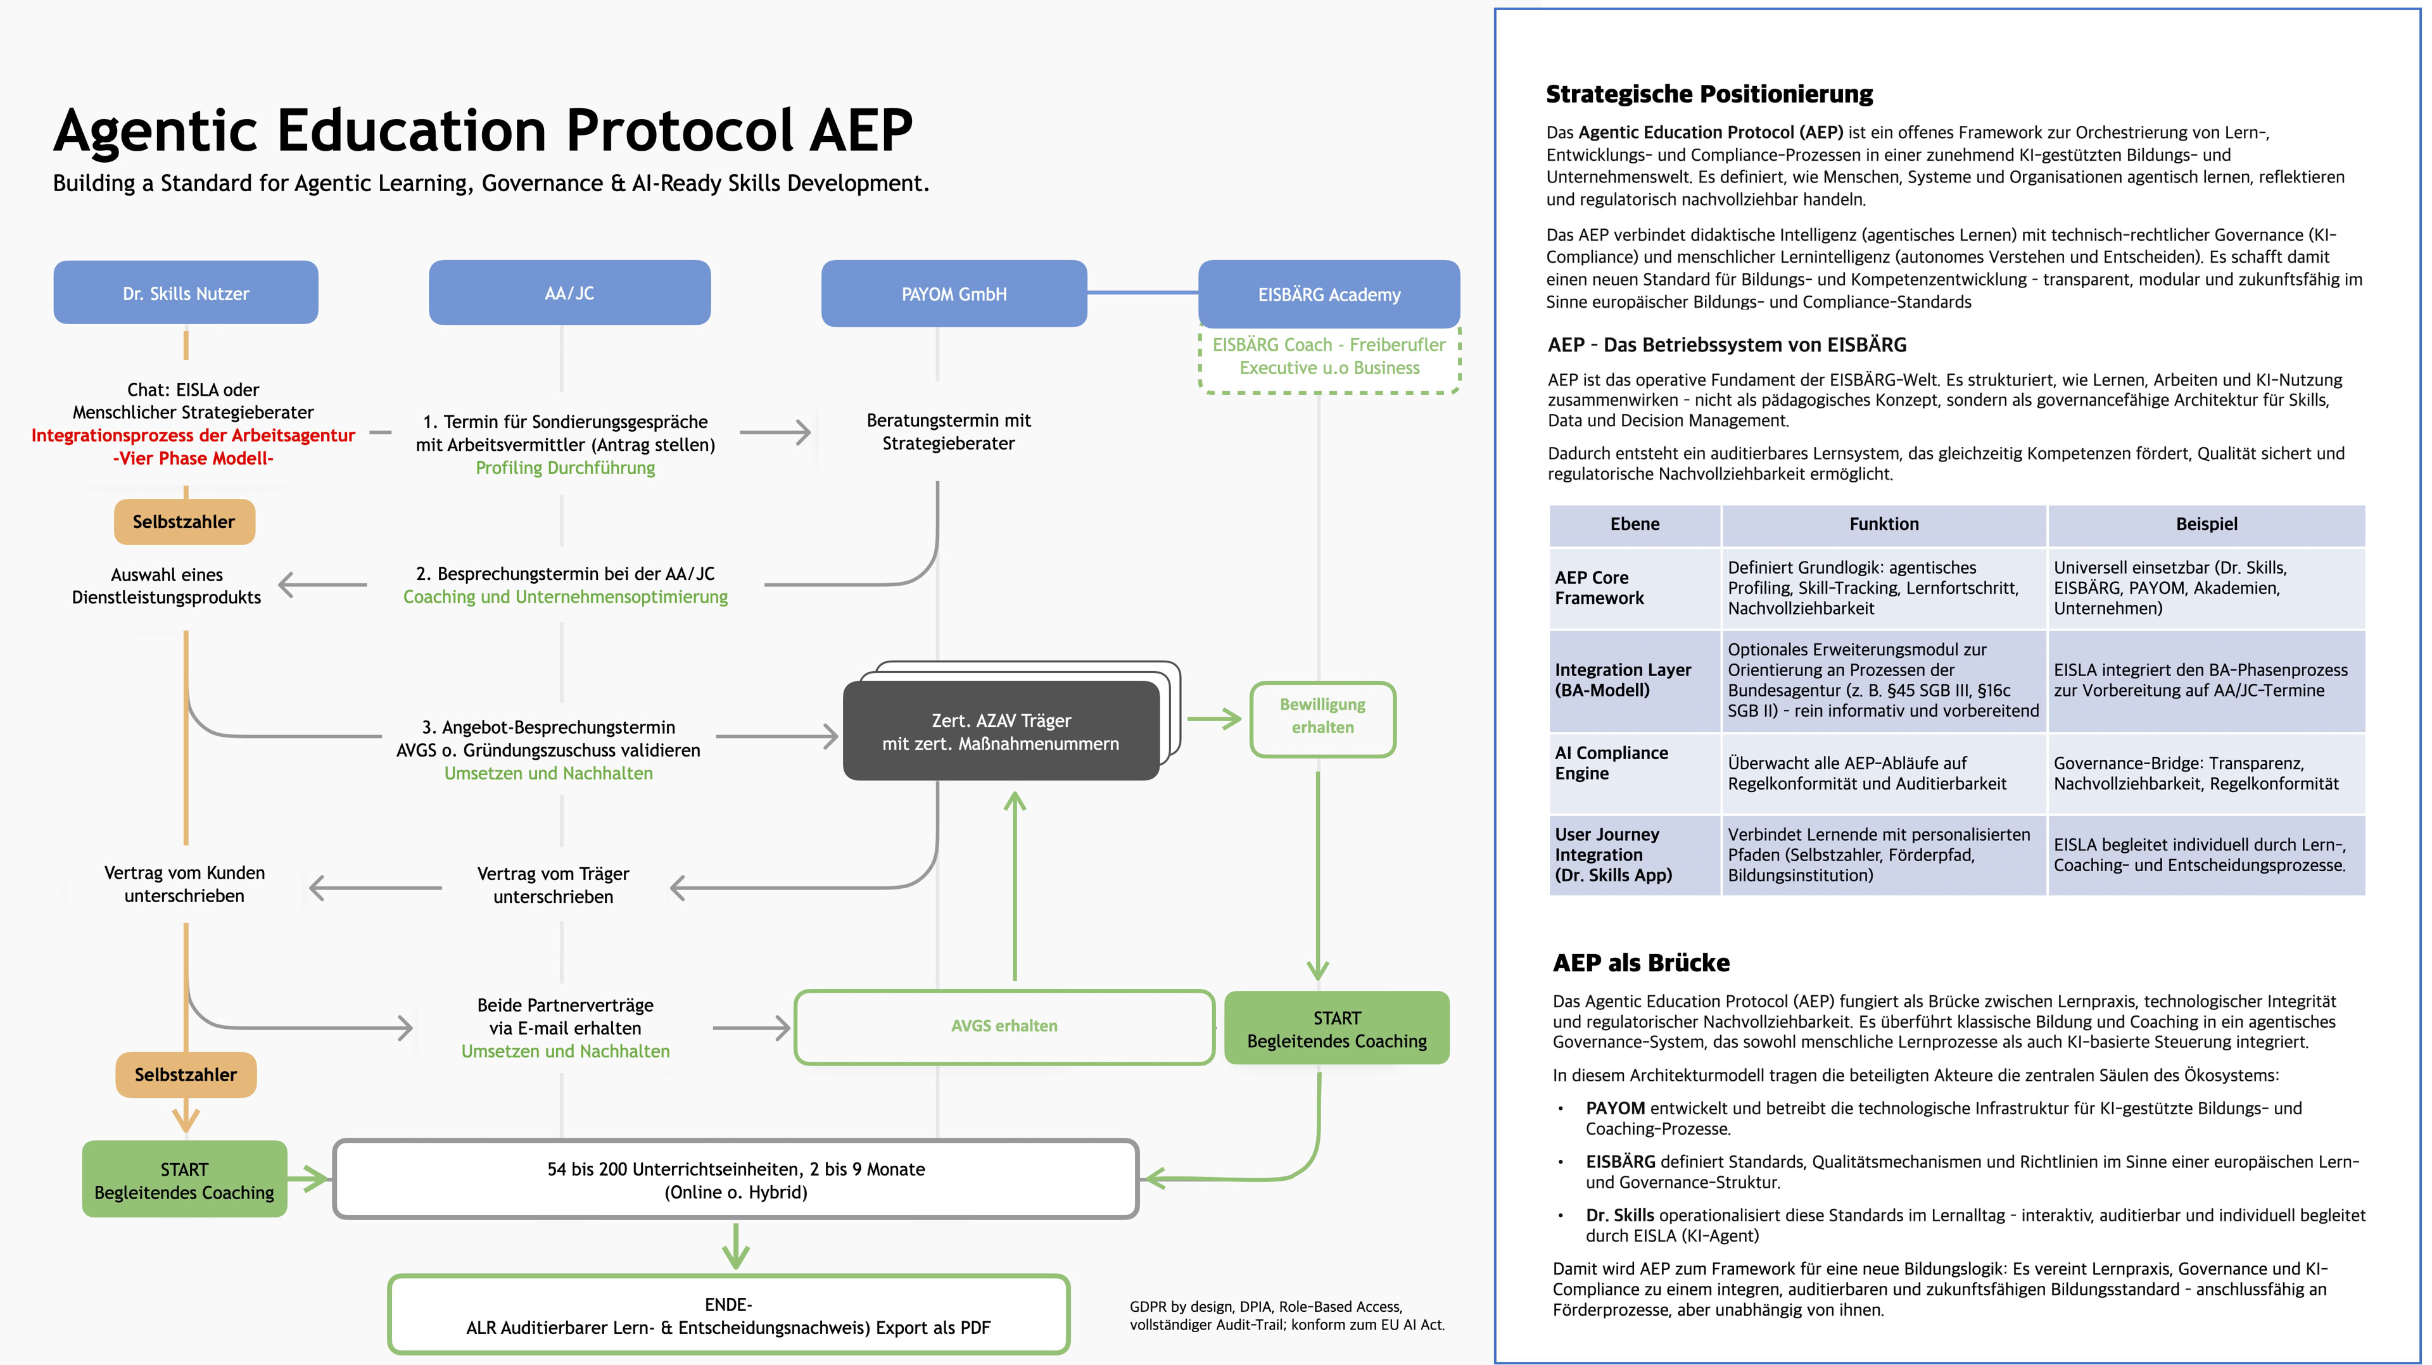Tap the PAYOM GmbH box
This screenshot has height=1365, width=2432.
954,294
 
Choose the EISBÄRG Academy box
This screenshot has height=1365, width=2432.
1328,294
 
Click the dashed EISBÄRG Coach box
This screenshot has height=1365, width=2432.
1328,357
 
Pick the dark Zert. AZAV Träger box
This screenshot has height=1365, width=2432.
1001,732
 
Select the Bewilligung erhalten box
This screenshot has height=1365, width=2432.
1322,717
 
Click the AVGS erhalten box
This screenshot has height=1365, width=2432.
1004,1026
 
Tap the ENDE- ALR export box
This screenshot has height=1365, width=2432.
728,1316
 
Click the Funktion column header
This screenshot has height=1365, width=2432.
1884,524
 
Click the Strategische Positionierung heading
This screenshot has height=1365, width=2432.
1709,94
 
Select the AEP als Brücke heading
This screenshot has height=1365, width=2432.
1641,963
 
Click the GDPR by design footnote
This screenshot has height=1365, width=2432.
1286,1316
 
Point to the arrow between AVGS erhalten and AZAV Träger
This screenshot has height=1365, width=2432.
1015,888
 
